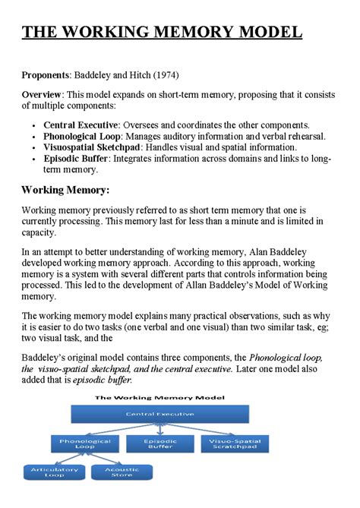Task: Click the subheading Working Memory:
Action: pos(65,189)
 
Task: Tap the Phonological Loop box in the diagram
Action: pos(86,444)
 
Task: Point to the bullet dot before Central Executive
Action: pos(34,125)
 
